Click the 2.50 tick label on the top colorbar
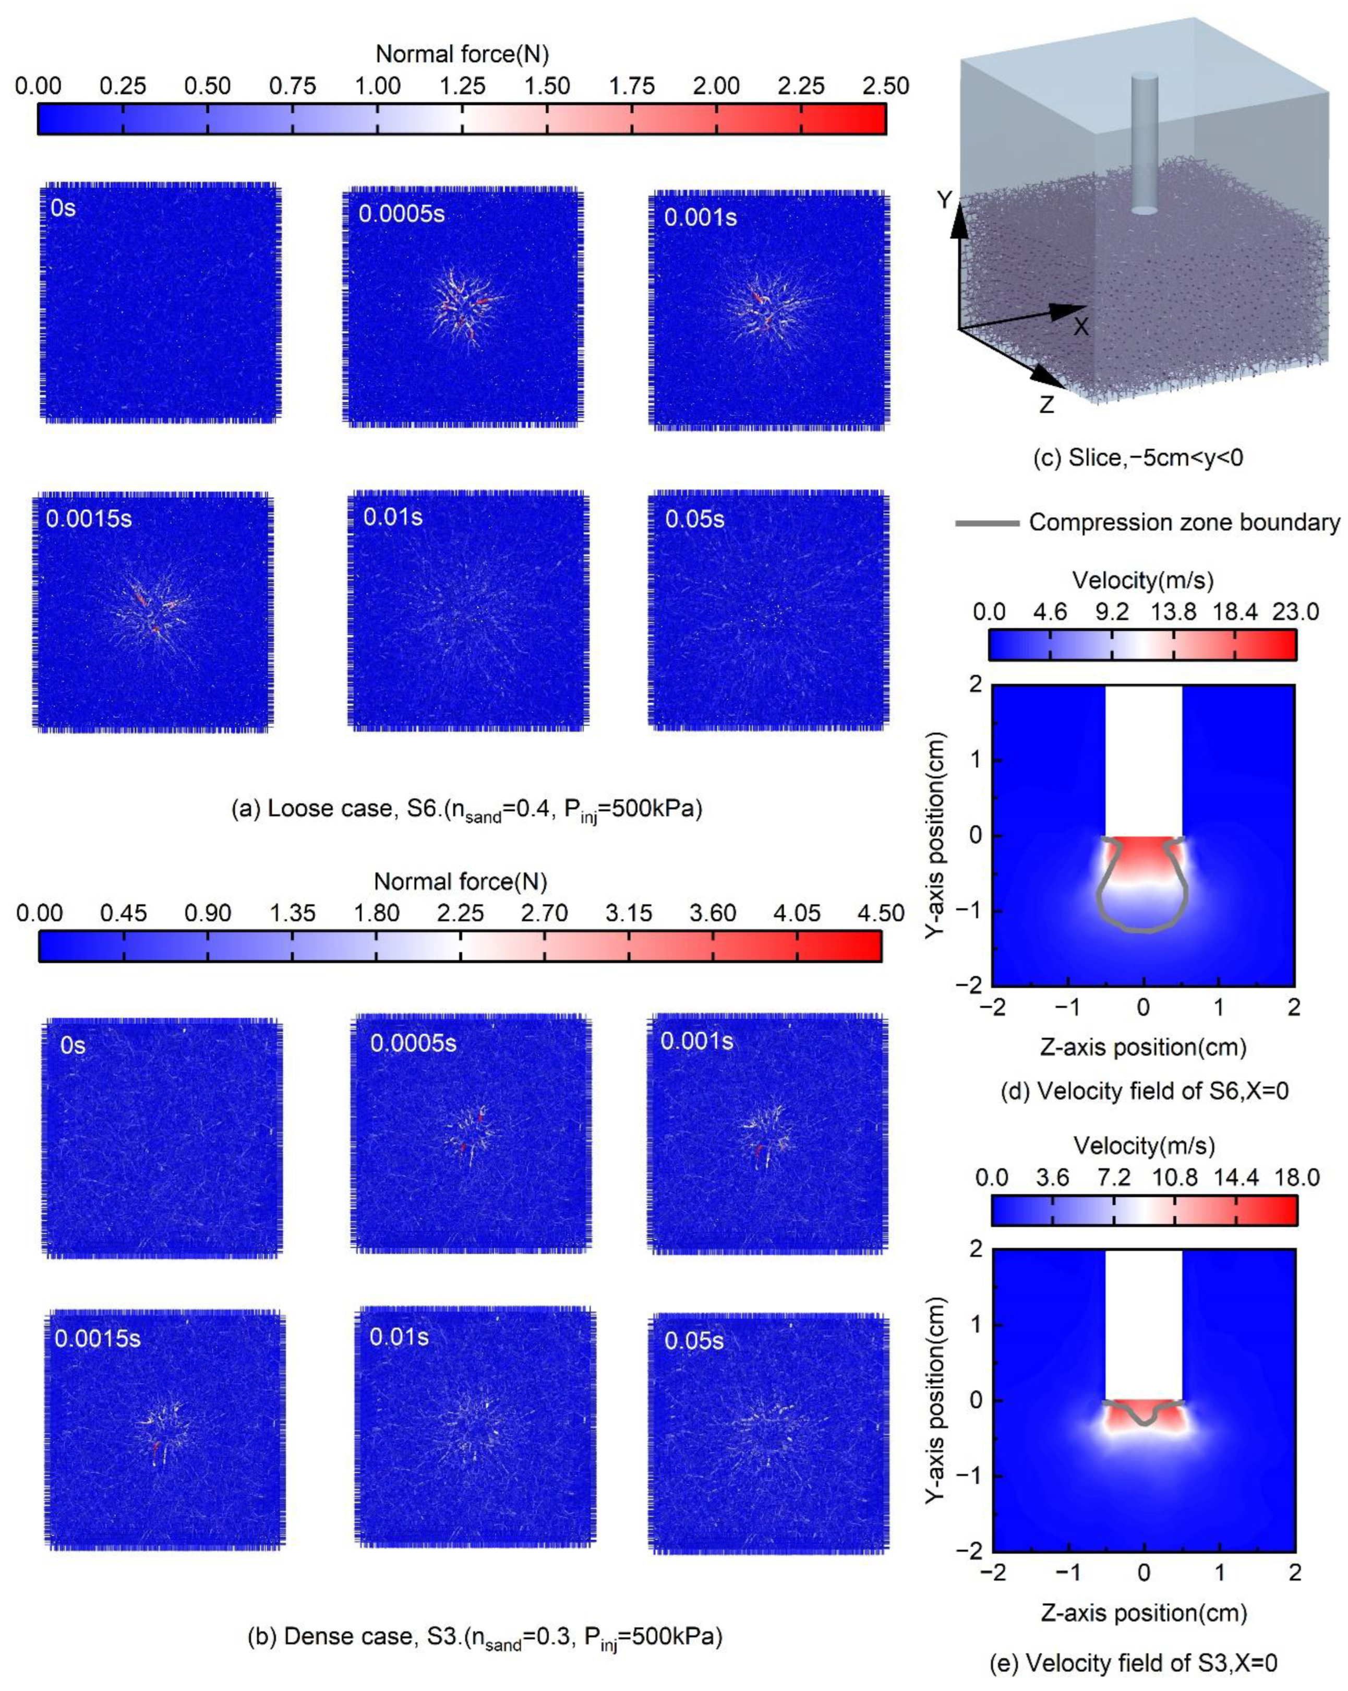(885, 86)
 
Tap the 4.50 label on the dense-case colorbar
(881, 913)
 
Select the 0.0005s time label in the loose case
(402, 214)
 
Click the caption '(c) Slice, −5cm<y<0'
(1138, 457)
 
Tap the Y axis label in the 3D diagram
(945, 201)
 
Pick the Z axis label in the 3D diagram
(1046, 405)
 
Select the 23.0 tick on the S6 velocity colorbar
(1295, 612)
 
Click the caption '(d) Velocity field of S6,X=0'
(1144, 1090)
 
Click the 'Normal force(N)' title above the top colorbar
(462, 54)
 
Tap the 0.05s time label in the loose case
(694, 519)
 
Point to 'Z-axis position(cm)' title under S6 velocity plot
(1144, 1047)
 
